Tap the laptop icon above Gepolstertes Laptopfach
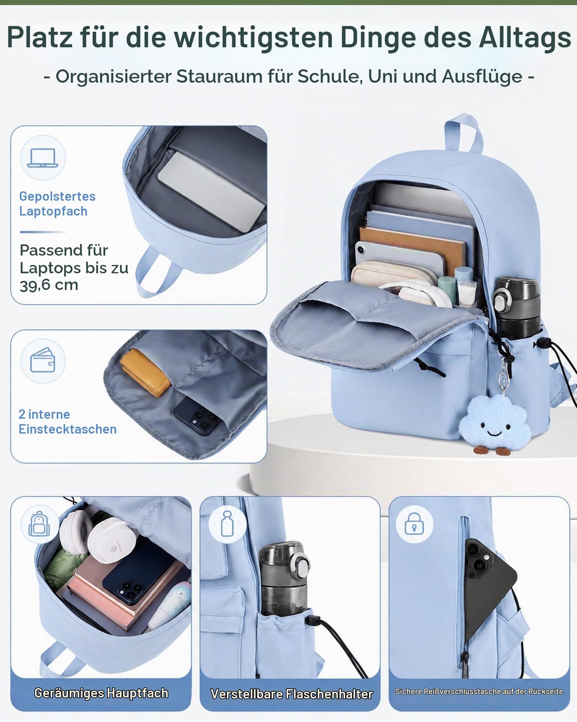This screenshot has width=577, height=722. [43, 158]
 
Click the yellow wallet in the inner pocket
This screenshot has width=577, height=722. [145, 373]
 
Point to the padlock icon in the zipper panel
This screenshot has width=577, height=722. [414, 523]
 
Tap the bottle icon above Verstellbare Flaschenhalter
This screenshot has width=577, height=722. [227, 523]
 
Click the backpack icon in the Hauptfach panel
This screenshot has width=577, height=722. [39, 524]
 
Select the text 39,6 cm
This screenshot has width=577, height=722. [49, 285]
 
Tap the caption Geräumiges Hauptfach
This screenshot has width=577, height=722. [101, 693]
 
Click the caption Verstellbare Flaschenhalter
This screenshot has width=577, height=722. [292, 694]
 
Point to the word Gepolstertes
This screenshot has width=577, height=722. [57, 196]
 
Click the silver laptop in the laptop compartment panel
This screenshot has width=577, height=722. [212, 192]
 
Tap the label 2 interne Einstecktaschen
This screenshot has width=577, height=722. [67, 422]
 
